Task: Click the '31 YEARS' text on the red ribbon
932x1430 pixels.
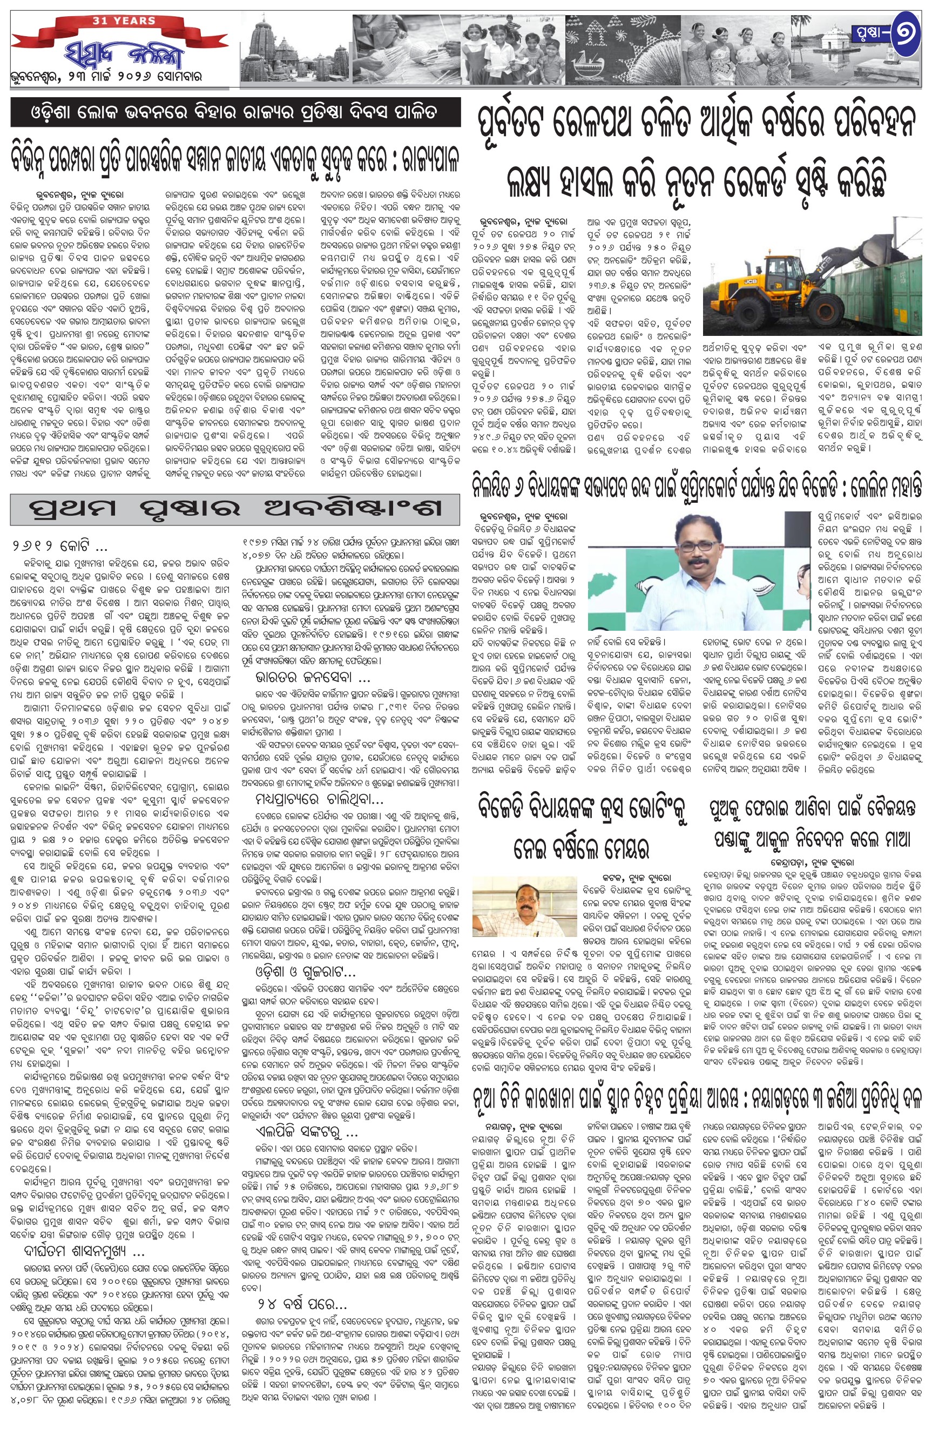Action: [x=124, y=21]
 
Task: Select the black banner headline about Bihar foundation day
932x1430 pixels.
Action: [x=235, y=112]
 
